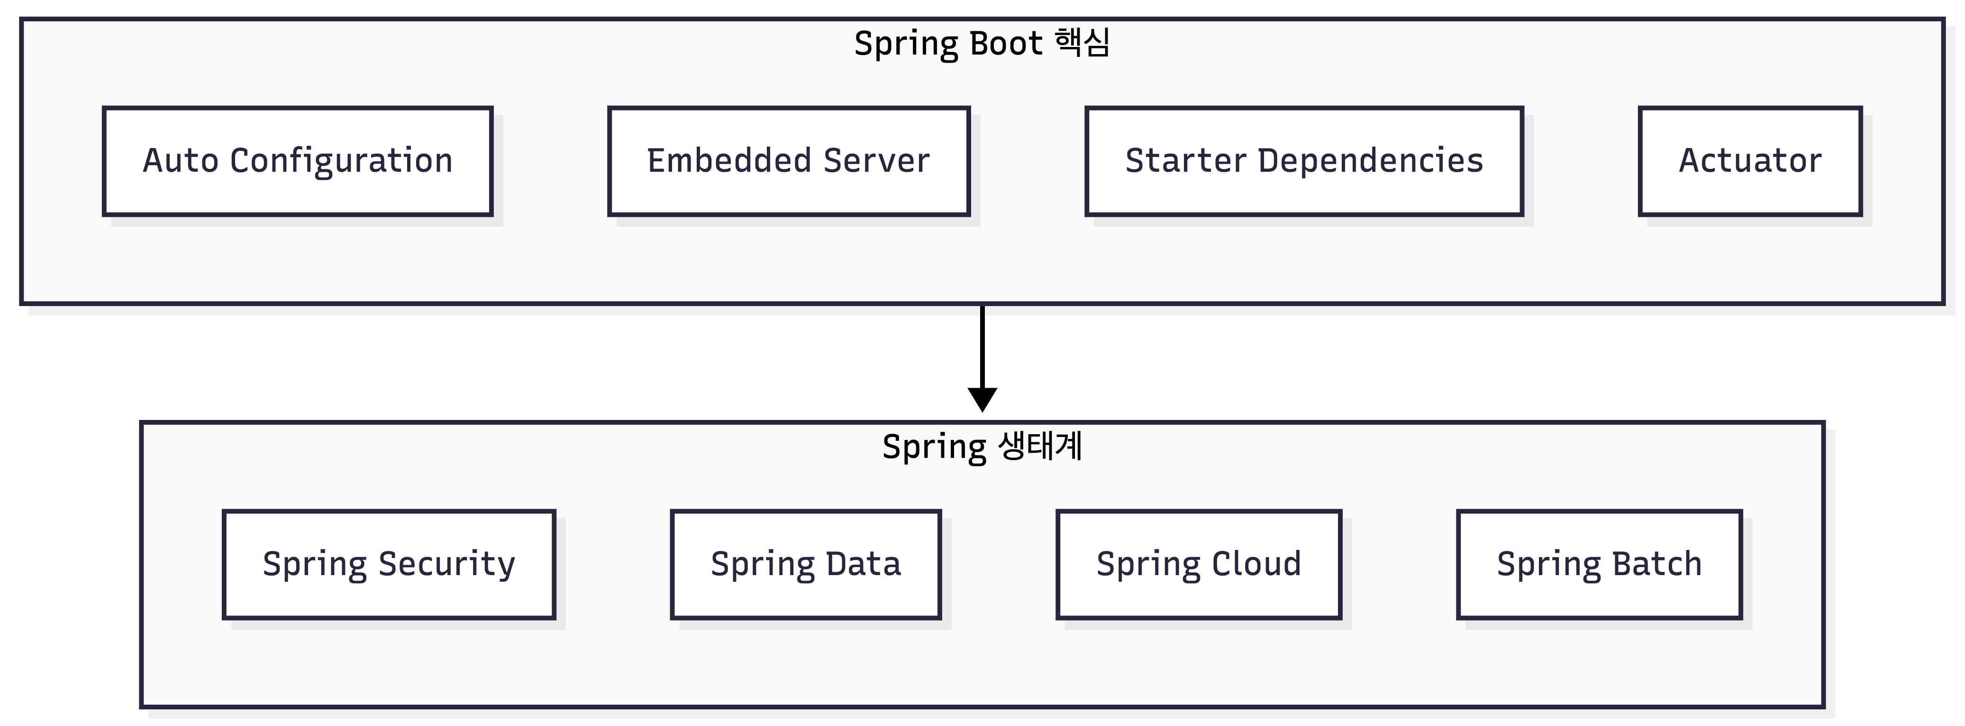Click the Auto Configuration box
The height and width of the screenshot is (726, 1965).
point(298,161)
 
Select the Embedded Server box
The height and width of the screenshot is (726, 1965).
point(789,161)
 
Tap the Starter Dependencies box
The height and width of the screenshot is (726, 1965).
point(1304,161)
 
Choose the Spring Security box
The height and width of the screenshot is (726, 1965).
point(389,564)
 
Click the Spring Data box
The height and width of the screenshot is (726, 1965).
point(806,564)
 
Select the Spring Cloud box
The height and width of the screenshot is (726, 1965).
point(1199,564)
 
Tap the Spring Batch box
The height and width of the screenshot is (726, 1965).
point(1600,564)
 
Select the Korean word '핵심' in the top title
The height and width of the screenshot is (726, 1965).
point(1083,43)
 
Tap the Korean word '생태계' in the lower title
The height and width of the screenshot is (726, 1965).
point(1040,446)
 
